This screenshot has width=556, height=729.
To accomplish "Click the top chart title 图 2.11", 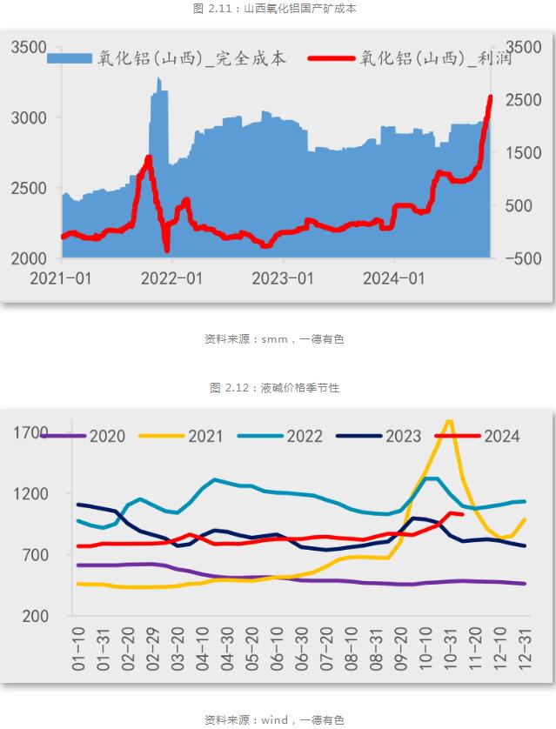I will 278,8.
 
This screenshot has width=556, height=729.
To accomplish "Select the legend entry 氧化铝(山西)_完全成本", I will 165,58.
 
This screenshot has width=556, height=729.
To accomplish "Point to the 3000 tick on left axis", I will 29,117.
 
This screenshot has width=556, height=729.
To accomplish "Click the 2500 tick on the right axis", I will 523,100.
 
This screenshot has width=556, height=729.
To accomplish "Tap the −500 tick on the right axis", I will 523,259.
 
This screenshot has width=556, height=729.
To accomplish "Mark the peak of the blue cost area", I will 158,80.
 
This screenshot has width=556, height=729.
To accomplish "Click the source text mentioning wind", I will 274,719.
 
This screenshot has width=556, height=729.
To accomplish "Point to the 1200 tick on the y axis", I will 31,494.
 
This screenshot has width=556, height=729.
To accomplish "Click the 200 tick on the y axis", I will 36,616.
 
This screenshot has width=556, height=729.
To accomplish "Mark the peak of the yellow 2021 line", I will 449,422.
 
